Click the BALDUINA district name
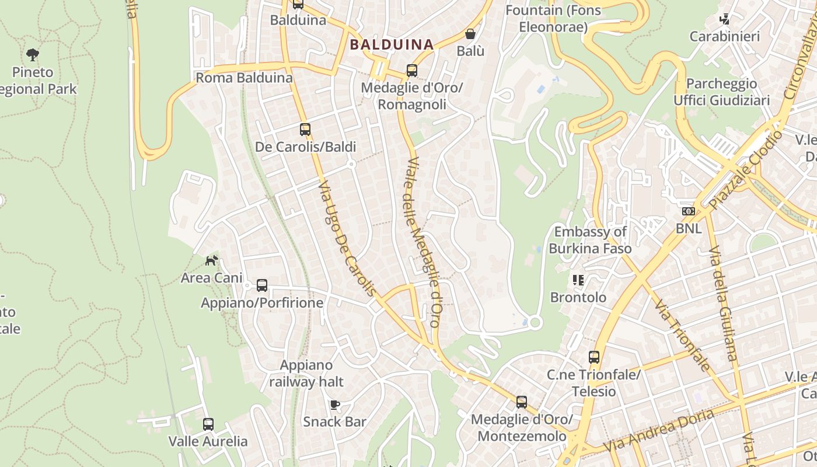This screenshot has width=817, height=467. coord(392,44)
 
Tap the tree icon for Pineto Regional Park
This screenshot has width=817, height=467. coord(33,55)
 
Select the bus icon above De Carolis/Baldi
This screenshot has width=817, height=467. coord(305,130)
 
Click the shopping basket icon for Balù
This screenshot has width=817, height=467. coord(470,34)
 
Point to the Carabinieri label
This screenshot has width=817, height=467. coord(725,37)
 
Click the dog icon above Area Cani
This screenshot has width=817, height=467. coord(211,260)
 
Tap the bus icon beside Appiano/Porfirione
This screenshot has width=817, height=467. coord(262,285)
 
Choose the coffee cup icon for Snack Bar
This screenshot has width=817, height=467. coord(335,405)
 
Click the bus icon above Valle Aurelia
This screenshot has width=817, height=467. coord(208,424)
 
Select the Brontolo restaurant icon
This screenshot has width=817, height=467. coord(578,280)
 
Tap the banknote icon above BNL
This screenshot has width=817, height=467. coord(689,211)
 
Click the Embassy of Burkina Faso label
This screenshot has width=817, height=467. coord(590,240)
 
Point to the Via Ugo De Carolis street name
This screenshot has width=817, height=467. coord(346,238)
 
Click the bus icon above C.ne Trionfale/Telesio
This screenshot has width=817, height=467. coord(594,357)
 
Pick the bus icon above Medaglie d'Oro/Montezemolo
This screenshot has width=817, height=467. coord(522,402)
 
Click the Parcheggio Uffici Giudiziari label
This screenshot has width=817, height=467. coord(722,92)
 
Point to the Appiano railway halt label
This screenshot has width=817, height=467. coord(306,374)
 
